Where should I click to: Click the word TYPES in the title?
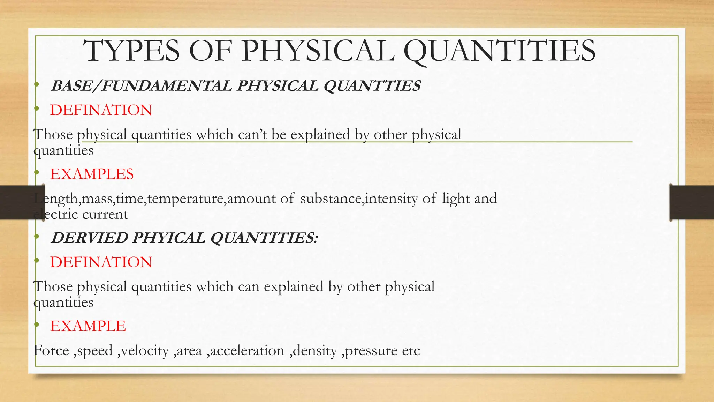[132, 51]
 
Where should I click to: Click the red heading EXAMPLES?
[92, 174]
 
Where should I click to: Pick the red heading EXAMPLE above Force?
[88, 326]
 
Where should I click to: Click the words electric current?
[81, 214]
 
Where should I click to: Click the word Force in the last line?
[51, 350]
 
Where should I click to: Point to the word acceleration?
[247, 350]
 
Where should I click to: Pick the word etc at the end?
[411, 351]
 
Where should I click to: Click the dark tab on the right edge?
[692, 203]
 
